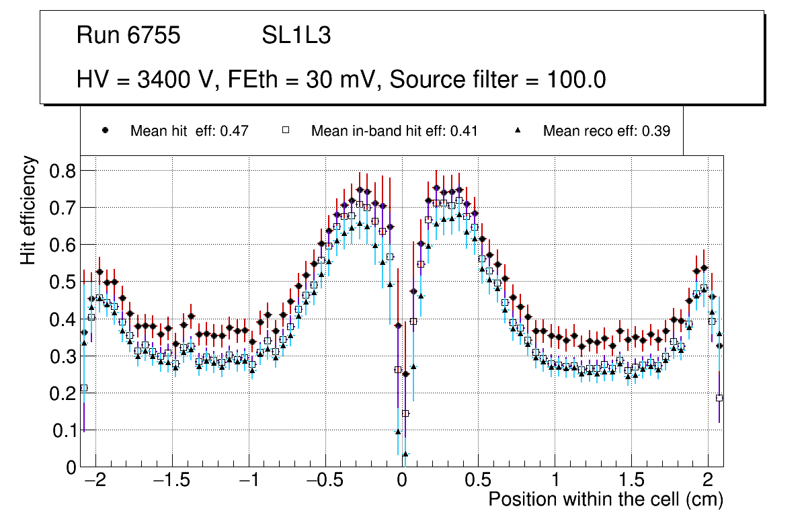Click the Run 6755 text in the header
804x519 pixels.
point(128,36)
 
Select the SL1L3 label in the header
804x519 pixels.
point(296,36)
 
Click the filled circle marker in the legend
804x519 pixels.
point(105,130)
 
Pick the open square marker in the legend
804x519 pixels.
point(286,130)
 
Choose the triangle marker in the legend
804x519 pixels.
point(518,130)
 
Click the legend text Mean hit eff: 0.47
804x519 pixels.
point(190,131)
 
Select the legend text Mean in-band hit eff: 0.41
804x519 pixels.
point(394,131)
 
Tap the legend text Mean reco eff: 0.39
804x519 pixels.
point(606,131)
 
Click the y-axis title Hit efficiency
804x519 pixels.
point(28,210)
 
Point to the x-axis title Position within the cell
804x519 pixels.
point(605,500)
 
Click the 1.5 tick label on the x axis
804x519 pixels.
point(632,481)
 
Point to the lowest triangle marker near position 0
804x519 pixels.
point(405,454)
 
